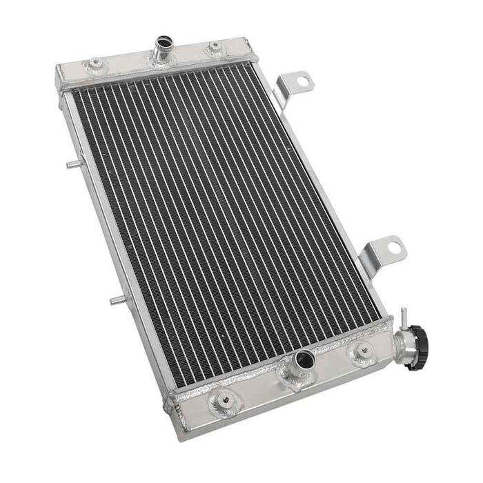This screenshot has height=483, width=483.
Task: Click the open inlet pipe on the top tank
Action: [164, 43]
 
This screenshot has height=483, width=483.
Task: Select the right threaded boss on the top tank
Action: [215, 47]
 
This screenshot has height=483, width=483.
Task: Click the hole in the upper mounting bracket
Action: [302, 81]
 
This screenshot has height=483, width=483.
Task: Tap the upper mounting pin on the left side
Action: [72, 164]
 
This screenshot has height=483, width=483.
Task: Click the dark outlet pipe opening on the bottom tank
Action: [304, 359]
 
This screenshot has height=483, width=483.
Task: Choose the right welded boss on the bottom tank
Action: [360, 354]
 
